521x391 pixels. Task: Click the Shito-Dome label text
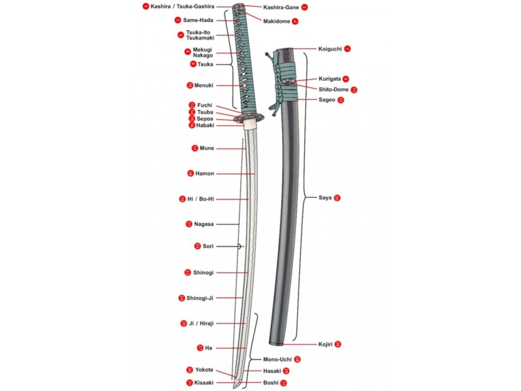[x=334, y=90]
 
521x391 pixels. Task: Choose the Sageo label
[x=327, y=100]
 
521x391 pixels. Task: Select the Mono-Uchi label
[x=277, y=359]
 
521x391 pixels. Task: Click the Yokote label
[x=204, y=370]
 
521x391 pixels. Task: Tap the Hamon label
[x=205, y=174]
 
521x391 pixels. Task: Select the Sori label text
[x=208, y=246]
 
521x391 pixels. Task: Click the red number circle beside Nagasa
[x=189, y=224]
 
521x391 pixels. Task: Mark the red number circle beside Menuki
[x=190, y=85]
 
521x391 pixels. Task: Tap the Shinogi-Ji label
[x=199, y=298]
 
